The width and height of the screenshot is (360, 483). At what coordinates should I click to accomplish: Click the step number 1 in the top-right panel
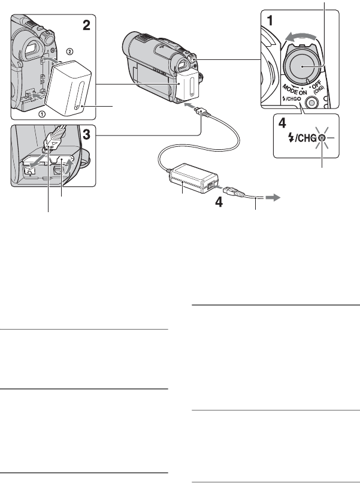(x=271, y=19)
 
